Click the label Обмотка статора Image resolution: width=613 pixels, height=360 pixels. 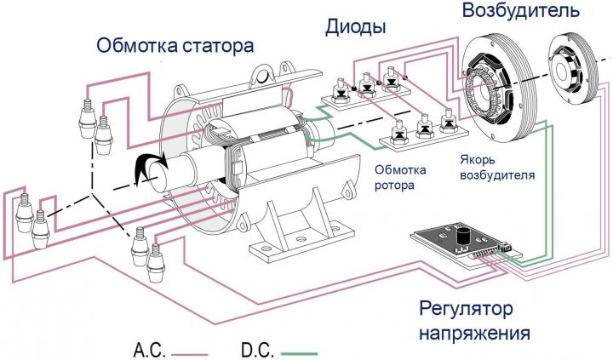tap(175, 45)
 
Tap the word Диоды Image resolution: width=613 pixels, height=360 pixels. tap(356, 27)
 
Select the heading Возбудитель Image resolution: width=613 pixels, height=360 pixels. tap(521, 11)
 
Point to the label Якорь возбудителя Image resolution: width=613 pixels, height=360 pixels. tap(497, 168)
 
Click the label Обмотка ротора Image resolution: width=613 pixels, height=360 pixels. tap(400, 177)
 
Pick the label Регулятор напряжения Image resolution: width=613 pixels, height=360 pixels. tap(474, 322)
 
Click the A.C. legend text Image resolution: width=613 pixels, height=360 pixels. tap(150, 351)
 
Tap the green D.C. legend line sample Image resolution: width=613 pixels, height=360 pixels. tap(299, 354)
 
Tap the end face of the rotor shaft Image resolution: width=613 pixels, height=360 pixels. tap(157, 177)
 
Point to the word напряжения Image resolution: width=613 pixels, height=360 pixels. tap(474, 333)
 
